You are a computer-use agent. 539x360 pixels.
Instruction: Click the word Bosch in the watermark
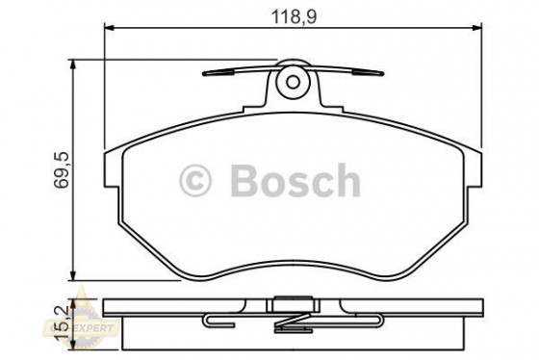[x=294, y=180]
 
